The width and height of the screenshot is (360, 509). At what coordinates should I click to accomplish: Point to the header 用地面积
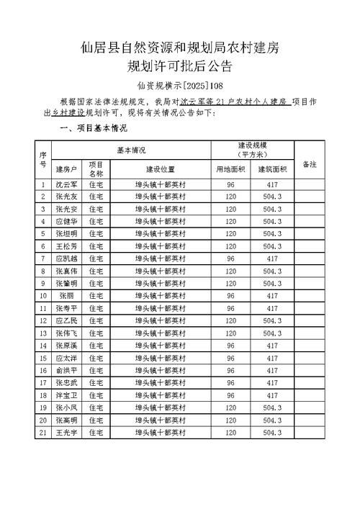pyautogui.click(x=230, y=169)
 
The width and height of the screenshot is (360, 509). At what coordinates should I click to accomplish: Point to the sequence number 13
pyautogui.click(x=43, y=333)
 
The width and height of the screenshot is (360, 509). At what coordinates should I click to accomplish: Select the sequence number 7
pyautogui.click(x=43, y=258)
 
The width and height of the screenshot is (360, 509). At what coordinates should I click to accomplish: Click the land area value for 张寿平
pyautogui.click(x=230, y=308)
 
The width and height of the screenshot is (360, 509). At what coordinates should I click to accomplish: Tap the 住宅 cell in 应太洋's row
pyautogui.click(x=96, y=358)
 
